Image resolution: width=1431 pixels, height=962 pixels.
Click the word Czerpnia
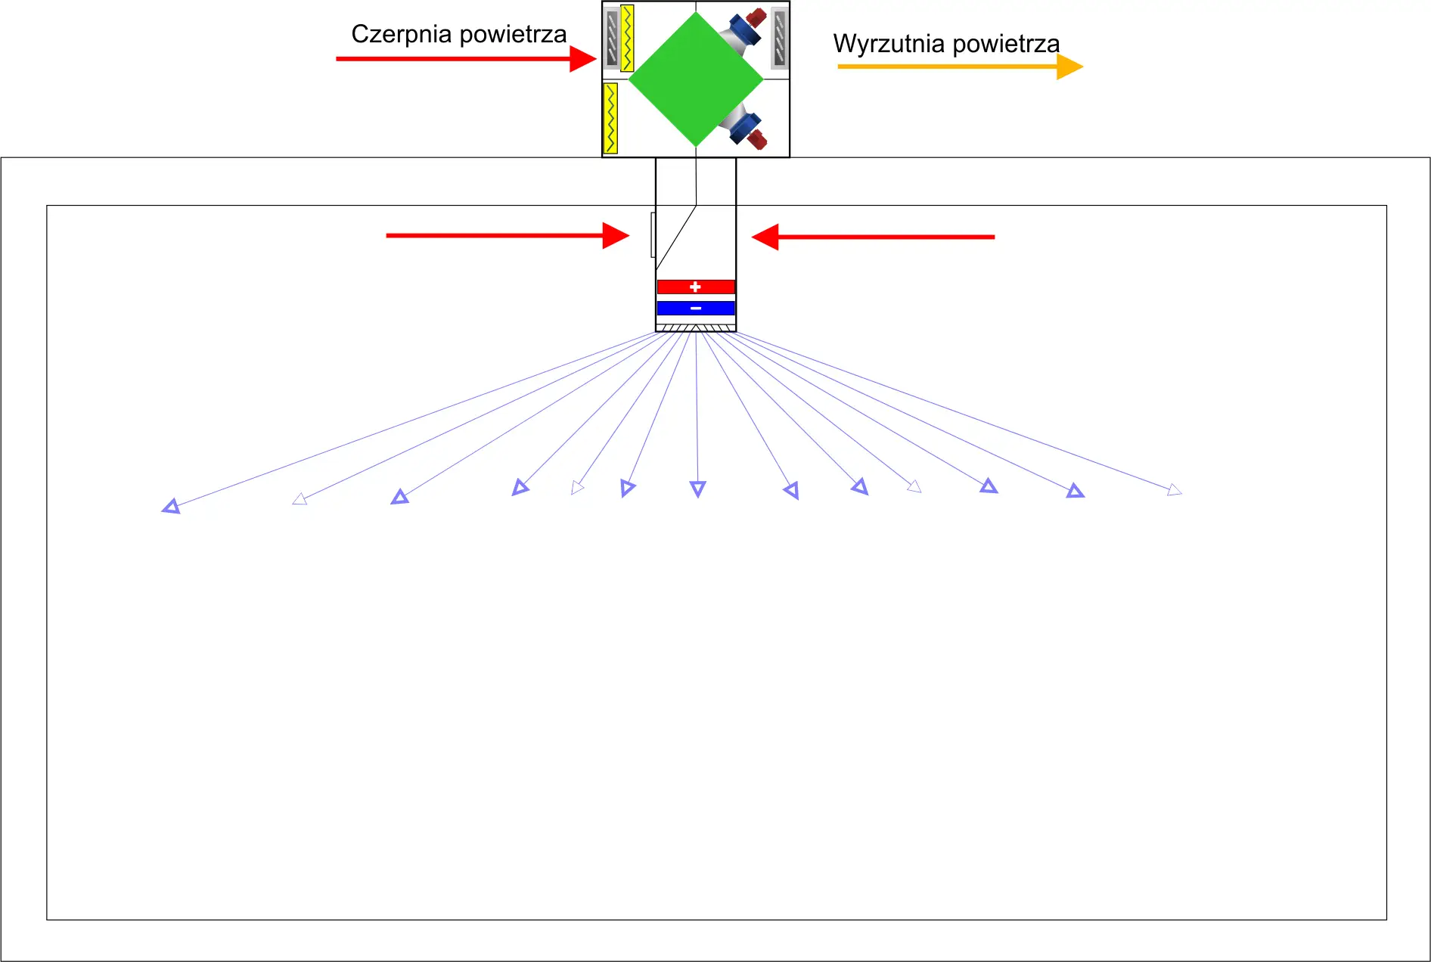[x=401, y=35]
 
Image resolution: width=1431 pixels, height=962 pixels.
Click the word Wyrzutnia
[x=889, y=44]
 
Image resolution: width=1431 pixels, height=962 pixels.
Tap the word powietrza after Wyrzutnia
[x=1006, y=44]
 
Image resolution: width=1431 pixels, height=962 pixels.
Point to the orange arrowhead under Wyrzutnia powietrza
[x=1069, y=67]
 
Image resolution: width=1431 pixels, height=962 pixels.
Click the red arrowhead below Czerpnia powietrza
[x=583, y=58]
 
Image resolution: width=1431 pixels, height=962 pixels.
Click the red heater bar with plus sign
[x=696, y=287]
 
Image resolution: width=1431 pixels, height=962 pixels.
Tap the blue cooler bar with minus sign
[x=696, y=308]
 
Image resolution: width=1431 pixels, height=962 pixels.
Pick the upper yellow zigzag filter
[x=627, y=38]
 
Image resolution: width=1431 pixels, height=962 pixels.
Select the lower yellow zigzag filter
[x=610, y=118]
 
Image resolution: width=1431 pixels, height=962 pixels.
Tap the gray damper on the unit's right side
[x=779, y=38]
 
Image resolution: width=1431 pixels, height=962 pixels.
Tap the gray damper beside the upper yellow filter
[x=612, y=38]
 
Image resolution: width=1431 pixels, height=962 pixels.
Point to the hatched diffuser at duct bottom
[x=696, y=327]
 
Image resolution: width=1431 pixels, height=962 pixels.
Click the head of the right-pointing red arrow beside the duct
[x=616, y=235]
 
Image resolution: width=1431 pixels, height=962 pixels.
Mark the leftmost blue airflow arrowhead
[x=171, y=507]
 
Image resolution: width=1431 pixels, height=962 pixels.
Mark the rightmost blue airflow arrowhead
[x=1174, y=490]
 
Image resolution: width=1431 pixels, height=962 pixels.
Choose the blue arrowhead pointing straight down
[x=697, y=489]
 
